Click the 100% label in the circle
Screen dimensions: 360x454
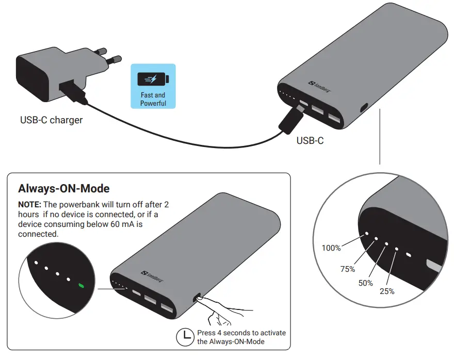(x=331, y=248)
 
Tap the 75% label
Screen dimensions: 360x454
(x=348, y=269)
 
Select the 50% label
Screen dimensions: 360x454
(x=366, y=283)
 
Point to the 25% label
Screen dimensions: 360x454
(x=386, y=291)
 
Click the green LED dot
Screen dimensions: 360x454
(x=81, y=285)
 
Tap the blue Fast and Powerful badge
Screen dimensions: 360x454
(x=153, y=86)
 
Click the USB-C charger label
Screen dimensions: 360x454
(x=51, y=120)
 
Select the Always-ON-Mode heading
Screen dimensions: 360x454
(x=64, y=188)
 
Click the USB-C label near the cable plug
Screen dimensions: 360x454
(x=310, y=140)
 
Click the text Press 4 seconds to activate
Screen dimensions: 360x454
(x=241, y=333)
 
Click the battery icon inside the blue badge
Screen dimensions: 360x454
(x=153, y=79)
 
